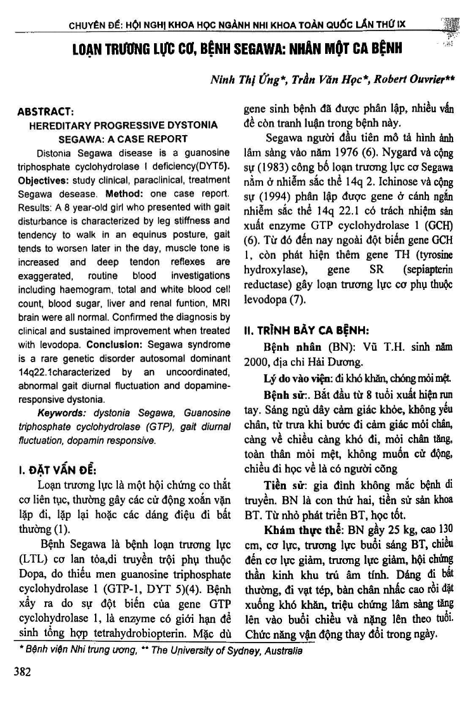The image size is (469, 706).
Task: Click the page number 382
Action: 23,672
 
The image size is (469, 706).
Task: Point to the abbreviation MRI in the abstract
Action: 219,302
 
